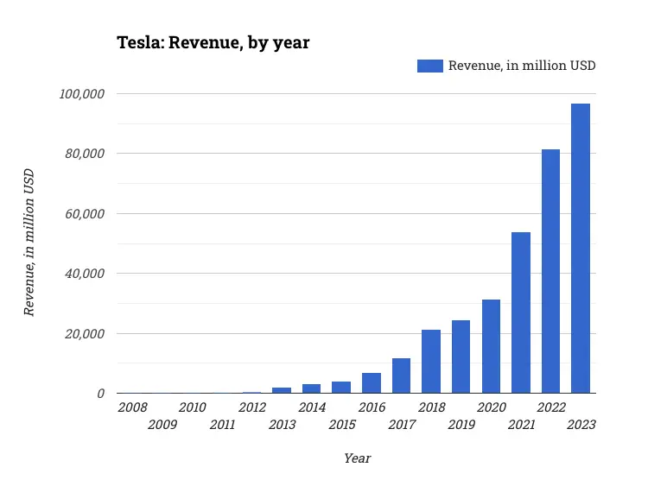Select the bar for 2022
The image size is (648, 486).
(x=550, y=271)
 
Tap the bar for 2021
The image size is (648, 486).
(x=521, y=312)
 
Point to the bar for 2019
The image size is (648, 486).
(x=461, y=357)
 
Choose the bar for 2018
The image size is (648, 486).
(x=431, y=362)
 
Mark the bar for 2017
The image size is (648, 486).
(x=401, y=376)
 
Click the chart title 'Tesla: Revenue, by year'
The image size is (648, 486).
(x=213, y=42)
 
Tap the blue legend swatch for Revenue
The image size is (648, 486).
(x=429, y=66)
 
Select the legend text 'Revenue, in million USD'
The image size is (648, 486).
(x=522, y=66)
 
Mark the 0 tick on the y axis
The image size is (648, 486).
(x=101, y=394)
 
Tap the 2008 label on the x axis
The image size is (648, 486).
(x=132, y=407)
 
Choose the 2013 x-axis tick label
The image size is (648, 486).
(x=282, y=425)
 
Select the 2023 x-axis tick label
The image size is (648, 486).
(x=581, y=425)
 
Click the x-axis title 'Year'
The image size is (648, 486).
(x=357, y=458)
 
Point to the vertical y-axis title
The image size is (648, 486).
(x=29, y=243)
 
